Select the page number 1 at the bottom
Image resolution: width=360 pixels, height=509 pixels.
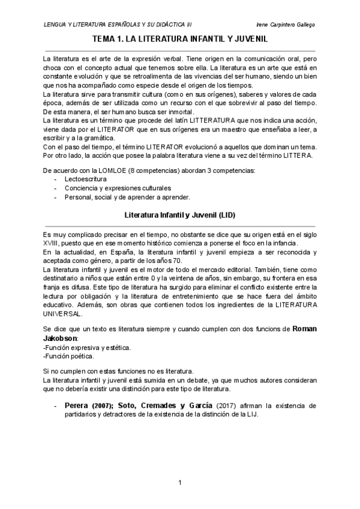180,483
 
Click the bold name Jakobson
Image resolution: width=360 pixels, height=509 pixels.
61,338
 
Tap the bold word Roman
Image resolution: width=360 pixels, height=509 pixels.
304,329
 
